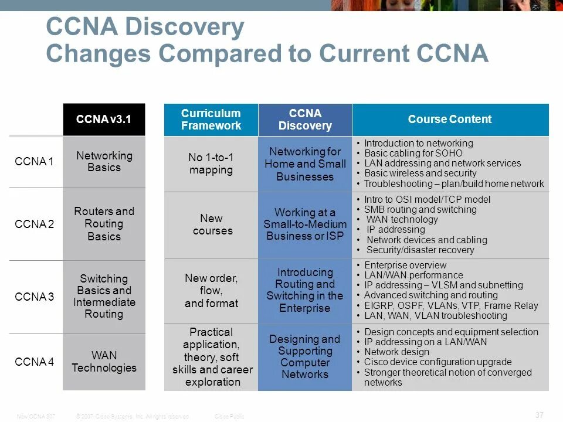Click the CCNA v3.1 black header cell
click(x=104, y=120)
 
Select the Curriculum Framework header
click(x=211, y=120)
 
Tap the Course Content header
click(x=450, y=120)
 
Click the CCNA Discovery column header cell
click(x=305, y=120)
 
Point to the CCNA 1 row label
click(x=34, y=162)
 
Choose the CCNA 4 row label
click(x=34, y=362)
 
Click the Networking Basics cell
click(x=104, y=162)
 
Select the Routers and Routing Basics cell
click(x=104, y=224)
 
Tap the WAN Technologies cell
click(x=104, y=362)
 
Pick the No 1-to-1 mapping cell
click(x=211, y=164)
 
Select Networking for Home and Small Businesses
click(x=305, y=164)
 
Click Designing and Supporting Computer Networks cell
click(x=305, y=356)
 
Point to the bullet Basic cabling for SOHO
click(x=413, y=154)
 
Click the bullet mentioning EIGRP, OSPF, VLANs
click(x=450, y=305)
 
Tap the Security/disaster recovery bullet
click(x=419, y=250)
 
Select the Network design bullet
click(x=396, y=352)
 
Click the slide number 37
click(x=540, y=415)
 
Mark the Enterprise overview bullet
click(x=405, y=265)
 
